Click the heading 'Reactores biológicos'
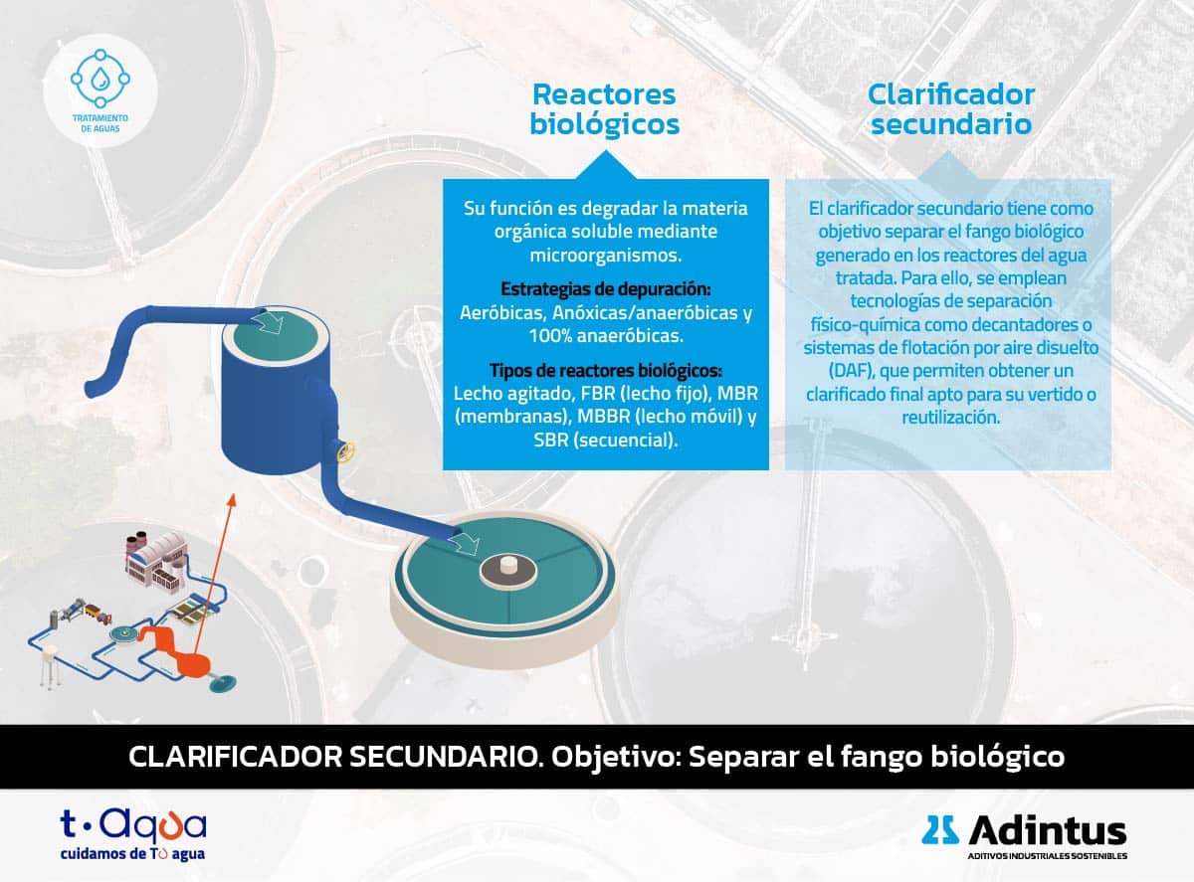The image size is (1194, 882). point(605,109)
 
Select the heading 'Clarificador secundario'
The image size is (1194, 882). point(951,109)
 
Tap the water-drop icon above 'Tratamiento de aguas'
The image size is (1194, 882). point(100,79)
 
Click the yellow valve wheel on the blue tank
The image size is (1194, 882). point(345,451)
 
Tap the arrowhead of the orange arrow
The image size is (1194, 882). point(232,500)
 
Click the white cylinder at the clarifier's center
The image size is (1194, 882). point(508,565)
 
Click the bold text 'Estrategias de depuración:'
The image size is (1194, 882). point(606,289)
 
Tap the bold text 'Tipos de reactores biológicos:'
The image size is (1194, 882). point(606,371)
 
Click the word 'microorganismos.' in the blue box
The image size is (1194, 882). point(606,256)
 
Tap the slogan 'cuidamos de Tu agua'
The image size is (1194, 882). point(132,853)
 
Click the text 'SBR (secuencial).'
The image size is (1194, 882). point(606,441)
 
